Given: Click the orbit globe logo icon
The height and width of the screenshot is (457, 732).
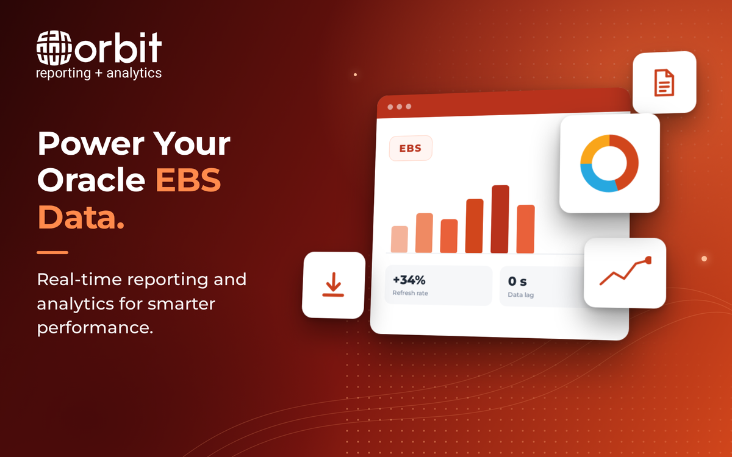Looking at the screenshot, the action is coord(54,48).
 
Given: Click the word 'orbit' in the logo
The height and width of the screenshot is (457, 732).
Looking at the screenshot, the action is coord(118,48).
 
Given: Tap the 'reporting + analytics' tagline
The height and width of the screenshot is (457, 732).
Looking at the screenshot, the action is coord(99,73).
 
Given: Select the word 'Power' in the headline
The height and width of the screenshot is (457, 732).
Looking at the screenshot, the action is coord(90,144).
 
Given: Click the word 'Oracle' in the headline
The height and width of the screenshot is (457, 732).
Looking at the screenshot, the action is coord(91,180).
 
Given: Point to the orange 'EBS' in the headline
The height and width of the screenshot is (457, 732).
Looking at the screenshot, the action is coord(188,180).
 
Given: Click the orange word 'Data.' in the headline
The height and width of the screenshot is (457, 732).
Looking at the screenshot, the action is coord(81,217).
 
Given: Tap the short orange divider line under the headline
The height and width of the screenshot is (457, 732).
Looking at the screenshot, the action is coord(52,252).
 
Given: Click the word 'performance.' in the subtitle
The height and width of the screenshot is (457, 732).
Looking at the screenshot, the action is coord(95,328).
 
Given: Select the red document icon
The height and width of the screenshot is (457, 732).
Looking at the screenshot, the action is coord(664,83).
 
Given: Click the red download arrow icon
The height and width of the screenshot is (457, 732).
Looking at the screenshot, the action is coord(333,285).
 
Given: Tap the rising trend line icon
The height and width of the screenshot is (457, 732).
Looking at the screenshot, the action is coord(625,271).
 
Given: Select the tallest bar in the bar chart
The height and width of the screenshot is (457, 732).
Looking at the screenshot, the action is coord(500,219).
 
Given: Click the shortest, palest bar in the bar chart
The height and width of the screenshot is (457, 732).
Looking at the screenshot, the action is coord(400,239).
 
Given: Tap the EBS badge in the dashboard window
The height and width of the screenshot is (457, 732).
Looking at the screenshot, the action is coord(411,148).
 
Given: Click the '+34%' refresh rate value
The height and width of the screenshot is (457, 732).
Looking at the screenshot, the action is coord(409,280).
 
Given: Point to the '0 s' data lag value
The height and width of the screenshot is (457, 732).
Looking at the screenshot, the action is coord(517,282).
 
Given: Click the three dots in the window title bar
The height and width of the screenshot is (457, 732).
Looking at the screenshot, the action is coord(400,107).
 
